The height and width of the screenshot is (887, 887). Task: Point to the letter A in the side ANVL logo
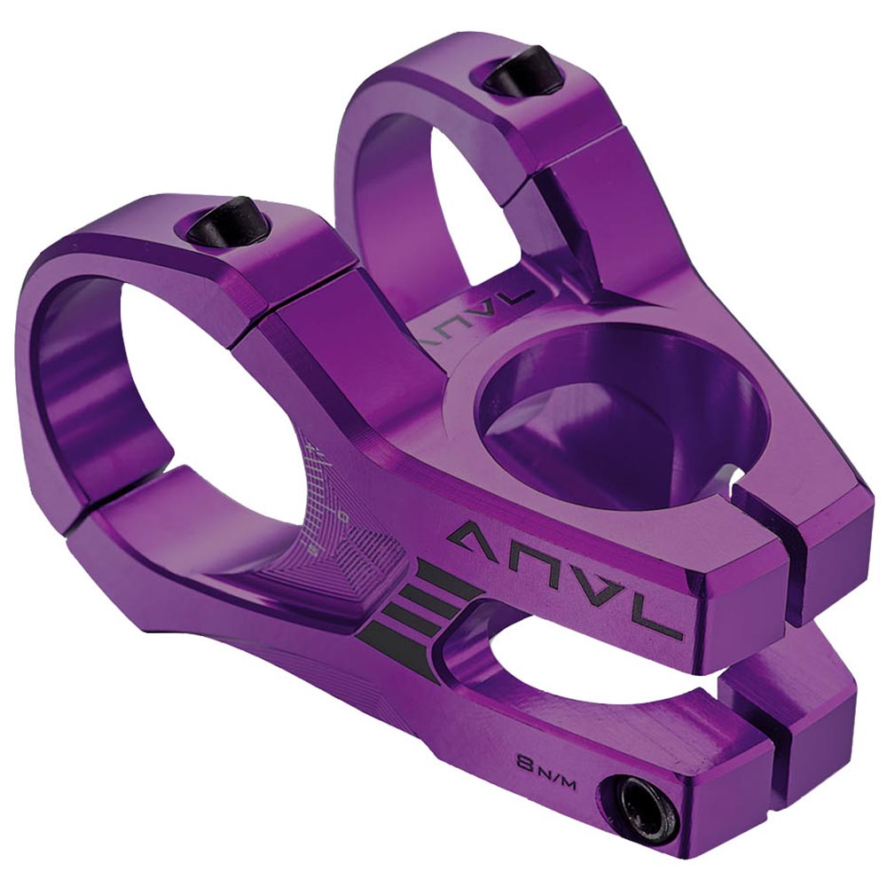click(477, 535)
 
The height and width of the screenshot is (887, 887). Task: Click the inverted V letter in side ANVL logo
click(596, 592)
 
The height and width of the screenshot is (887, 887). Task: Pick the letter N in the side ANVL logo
click(534, 562)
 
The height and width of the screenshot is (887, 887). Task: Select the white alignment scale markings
click(324, 497)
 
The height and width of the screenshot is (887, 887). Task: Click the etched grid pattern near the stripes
click(355, 559)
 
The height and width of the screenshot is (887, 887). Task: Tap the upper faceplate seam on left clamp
click(266, 310)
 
